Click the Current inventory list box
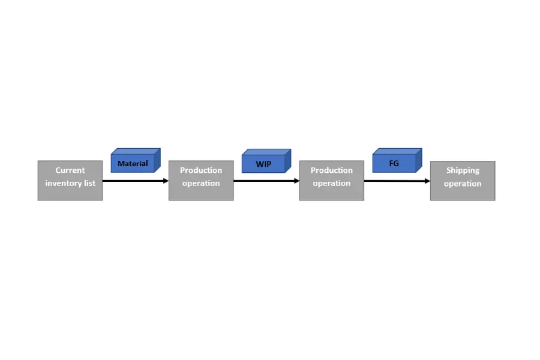coord(70,181)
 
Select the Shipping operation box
coord(463,181)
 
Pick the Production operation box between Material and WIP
coord(201,181)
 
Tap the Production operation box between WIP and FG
coord(331,181)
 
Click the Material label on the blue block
coord(133,164)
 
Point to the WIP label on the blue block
coord(263,164)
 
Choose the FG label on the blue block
coord(394,163)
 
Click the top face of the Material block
coord(136,152)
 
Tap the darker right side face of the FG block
coord(419,160)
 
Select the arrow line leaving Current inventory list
coord(136,181)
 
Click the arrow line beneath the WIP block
coord(266,181)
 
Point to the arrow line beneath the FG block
coord(397,181)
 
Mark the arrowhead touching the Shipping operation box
coord(428,181)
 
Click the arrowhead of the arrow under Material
coord(166,181)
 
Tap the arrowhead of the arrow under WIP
coord(297,181)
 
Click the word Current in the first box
coord(70,170)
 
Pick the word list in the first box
coord(90,183)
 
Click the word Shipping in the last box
coord(463,170)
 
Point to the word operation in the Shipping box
coord(463,184)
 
